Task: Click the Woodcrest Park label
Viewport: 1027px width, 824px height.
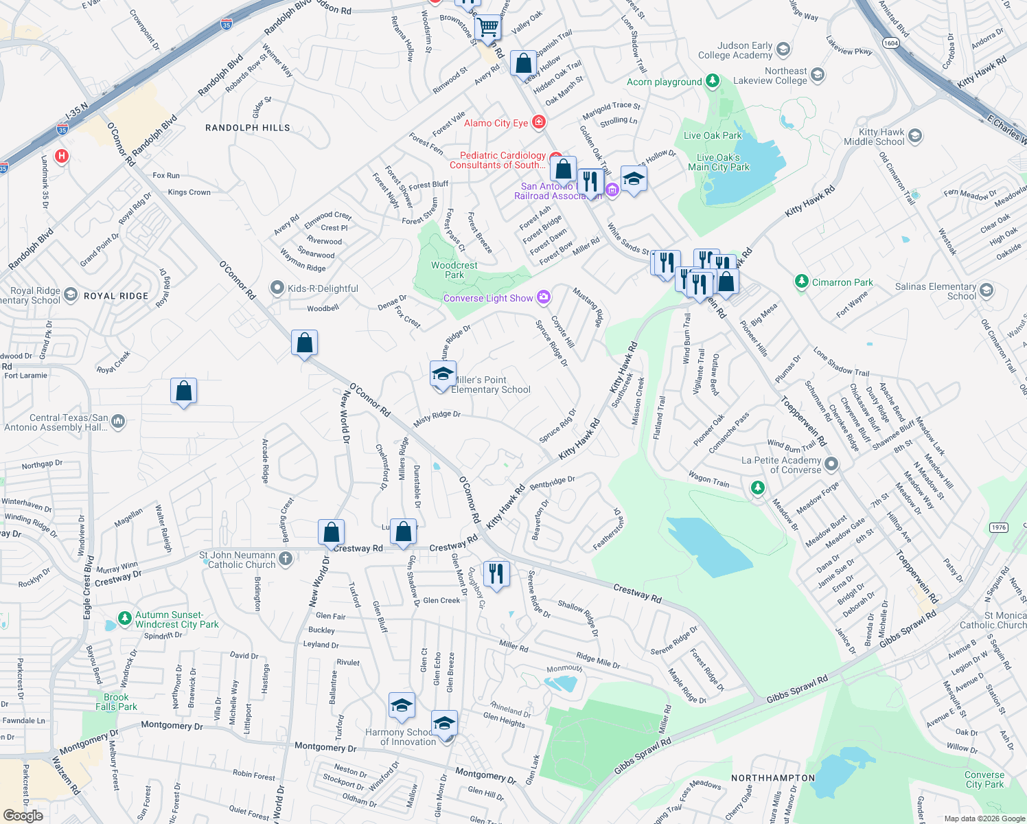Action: pyautogui.click(x=454, y=270)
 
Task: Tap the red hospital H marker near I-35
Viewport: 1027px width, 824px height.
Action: pyautogui.click(x=62, y=157)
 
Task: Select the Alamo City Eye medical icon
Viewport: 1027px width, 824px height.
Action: pyautogui.click(x=539, y=122)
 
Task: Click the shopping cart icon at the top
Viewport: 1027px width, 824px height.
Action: pyautogui.click(x=488, y=27)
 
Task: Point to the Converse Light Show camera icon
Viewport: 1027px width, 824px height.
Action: pyautogui.click(x=544, y=297)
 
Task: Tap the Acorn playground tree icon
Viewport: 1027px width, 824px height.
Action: pyautogui.click(x=713, y=81)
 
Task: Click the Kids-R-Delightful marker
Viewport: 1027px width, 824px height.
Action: pyautogui.click(x=277, y=288)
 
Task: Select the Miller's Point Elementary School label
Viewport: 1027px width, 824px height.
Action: pyautogui.click(x=490, y=385)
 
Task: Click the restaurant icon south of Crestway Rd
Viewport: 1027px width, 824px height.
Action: pyautogui.click(x=496, y=573)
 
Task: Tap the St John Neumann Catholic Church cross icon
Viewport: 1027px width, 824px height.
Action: pyautogui.click(x=286, y=559)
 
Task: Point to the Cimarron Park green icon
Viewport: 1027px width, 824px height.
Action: pyautogui.click(x=801, y=282)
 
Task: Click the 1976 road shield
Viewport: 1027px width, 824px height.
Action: pyautogui.click(x=998, y=527)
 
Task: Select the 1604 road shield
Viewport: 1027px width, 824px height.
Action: pyautogui.click(x=890, y=43)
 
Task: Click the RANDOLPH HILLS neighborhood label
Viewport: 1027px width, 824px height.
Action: pyautogui.click(x=247, y=128)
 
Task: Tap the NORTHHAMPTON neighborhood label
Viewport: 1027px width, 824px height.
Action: pyautogui.click(x=772, y=778)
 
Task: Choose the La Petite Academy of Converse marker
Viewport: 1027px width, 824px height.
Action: pyautogui.click(x=831, y=464)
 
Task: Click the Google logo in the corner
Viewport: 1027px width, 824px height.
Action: pyautogui.click(x=23, y=815)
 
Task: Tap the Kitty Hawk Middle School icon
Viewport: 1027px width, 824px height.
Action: pyautogui.click(x=914, y=136)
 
